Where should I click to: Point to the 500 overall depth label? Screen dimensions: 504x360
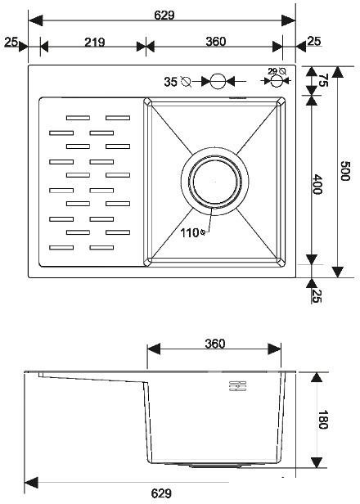(x=346, y=172)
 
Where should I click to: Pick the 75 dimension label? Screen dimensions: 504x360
(x=322, y=81)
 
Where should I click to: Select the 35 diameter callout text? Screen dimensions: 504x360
(x=170, y=81)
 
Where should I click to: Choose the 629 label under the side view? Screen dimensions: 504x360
(x=161, y=493)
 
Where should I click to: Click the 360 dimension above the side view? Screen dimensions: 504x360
(x=214, y=344)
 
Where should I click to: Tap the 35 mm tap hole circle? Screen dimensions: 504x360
(x=218, y=81)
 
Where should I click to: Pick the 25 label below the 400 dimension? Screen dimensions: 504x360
(x=317, y=295)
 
